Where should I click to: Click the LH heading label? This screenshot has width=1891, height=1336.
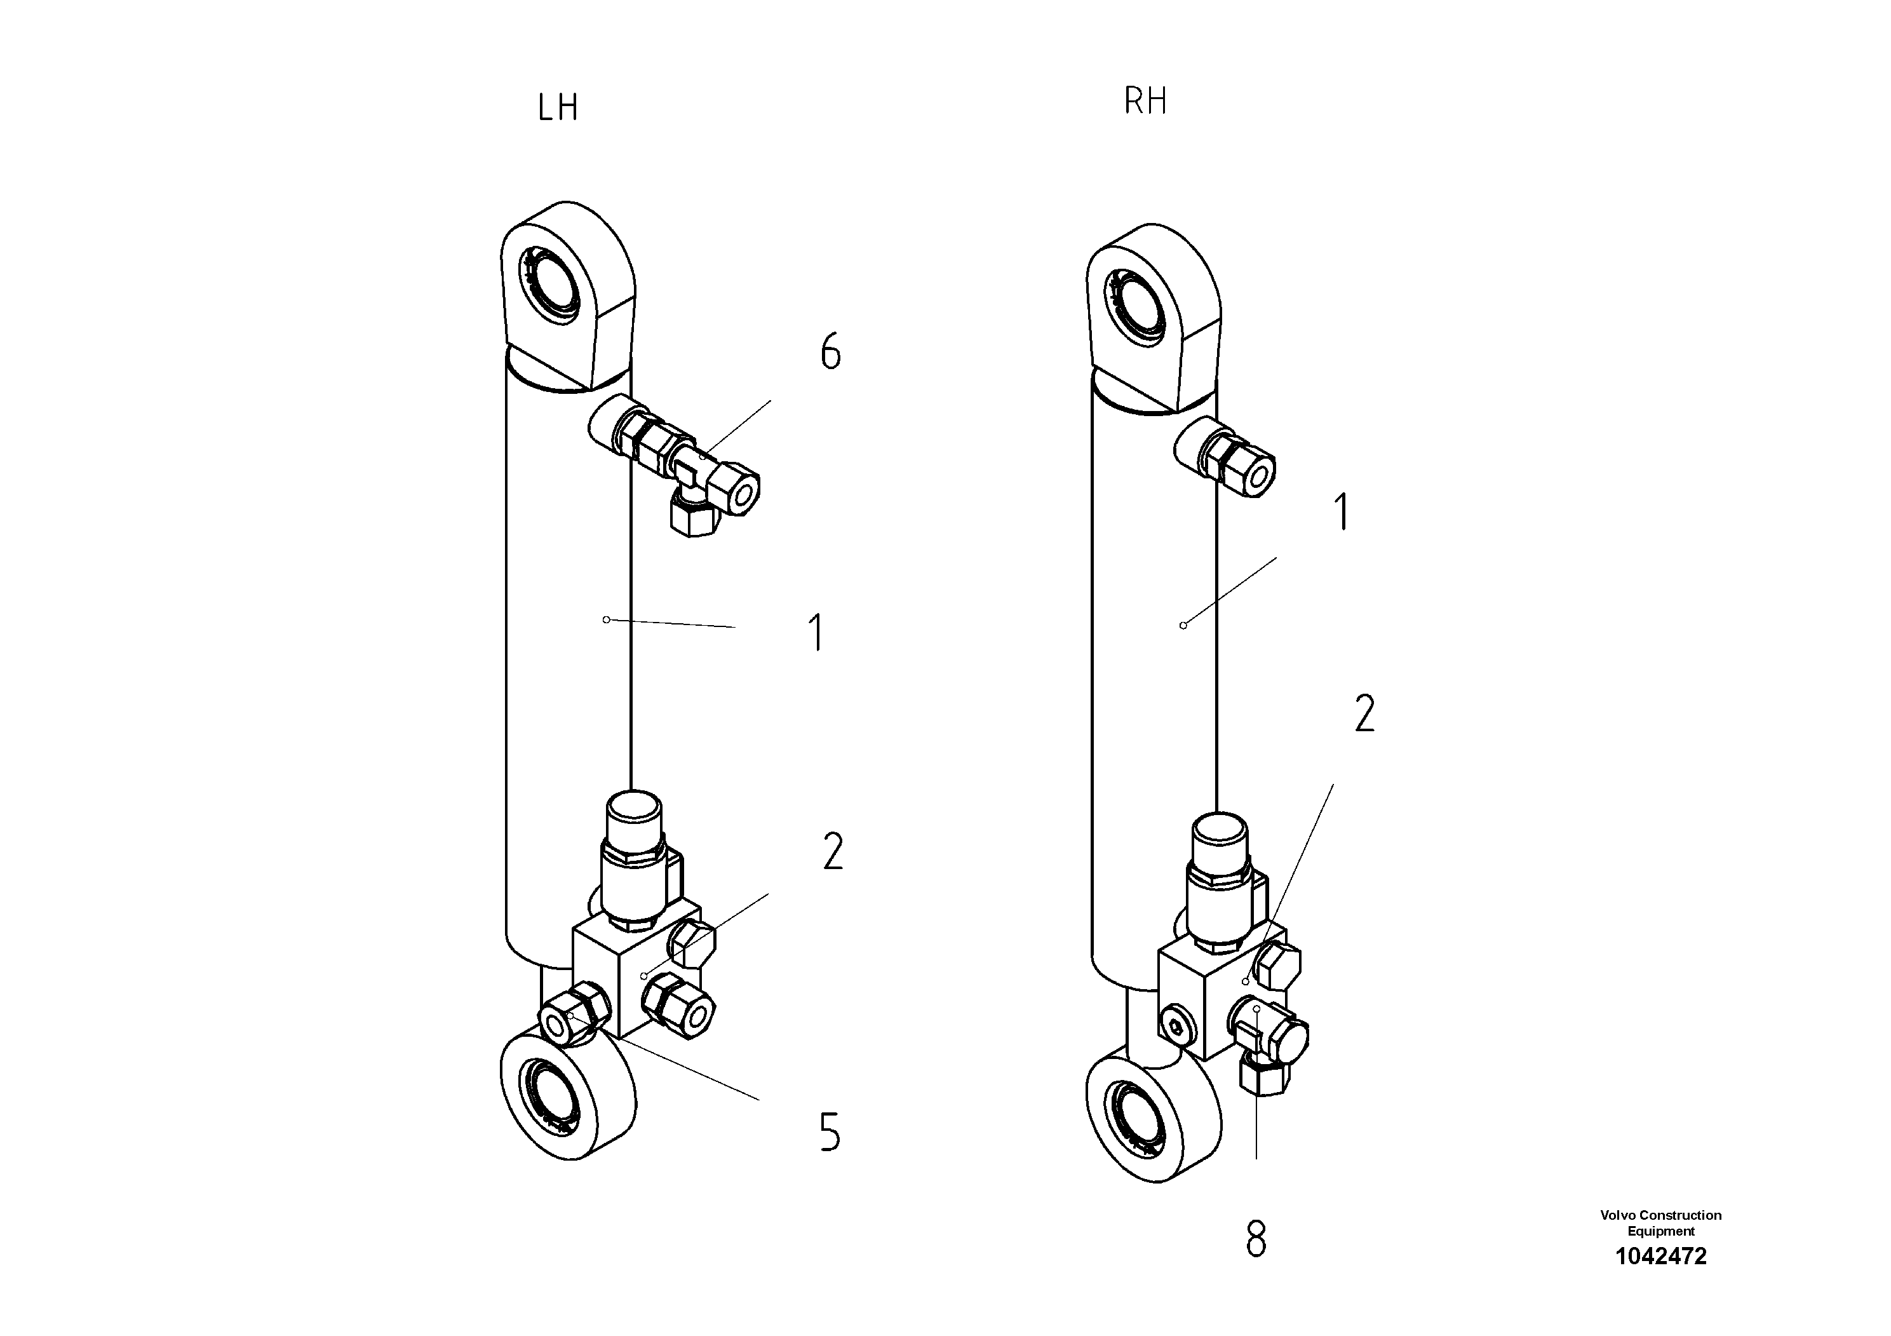[x=558, y=108]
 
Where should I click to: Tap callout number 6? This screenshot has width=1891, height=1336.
[x=830, y=352]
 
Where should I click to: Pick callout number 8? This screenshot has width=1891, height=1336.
[x=1255, y=1239]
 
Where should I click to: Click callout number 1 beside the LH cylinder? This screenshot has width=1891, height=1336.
[x=816, y=633]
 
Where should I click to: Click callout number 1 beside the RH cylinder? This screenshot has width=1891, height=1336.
[x=1342, y=511]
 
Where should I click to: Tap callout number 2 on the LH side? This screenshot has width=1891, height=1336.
[x=833, y=852]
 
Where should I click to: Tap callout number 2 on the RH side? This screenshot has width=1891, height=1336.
[x=1364, y=713]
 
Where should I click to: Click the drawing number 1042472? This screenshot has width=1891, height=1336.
[x=1660, y=1256]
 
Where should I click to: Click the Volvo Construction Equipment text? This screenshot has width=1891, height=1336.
[x=1660, y=1223]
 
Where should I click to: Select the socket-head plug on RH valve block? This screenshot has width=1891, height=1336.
[x=1176, y=1026]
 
